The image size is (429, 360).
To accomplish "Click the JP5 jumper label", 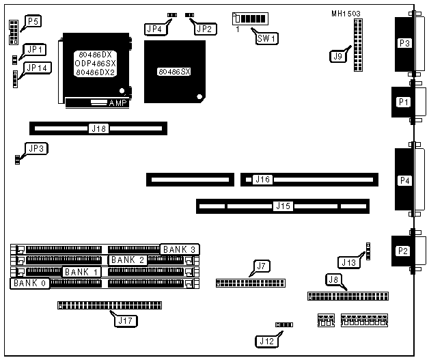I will pos(32,22).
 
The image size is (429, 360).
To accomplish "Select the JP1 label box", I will pos(33,50).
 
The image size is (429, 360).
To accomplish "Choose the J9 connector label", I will pos(337,57).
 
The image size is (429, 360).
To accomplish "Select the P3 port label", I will pos(404,43).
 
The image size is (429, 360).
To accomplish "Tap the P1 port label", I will pos(404,102).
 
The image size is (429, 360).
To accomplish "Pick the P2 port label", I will pos(404,250).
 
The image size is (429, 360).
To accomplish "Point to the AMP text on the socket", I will pos(118,103).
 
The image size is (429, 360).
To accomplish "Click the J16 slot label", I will pos(262,180).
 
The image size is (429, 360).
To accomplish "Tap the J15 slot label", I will pos(282,205).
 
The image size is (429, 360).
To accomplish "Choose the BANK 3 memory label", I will pos(180,249).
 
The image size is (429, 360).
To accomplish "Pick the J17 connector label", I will pos(128,319).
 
